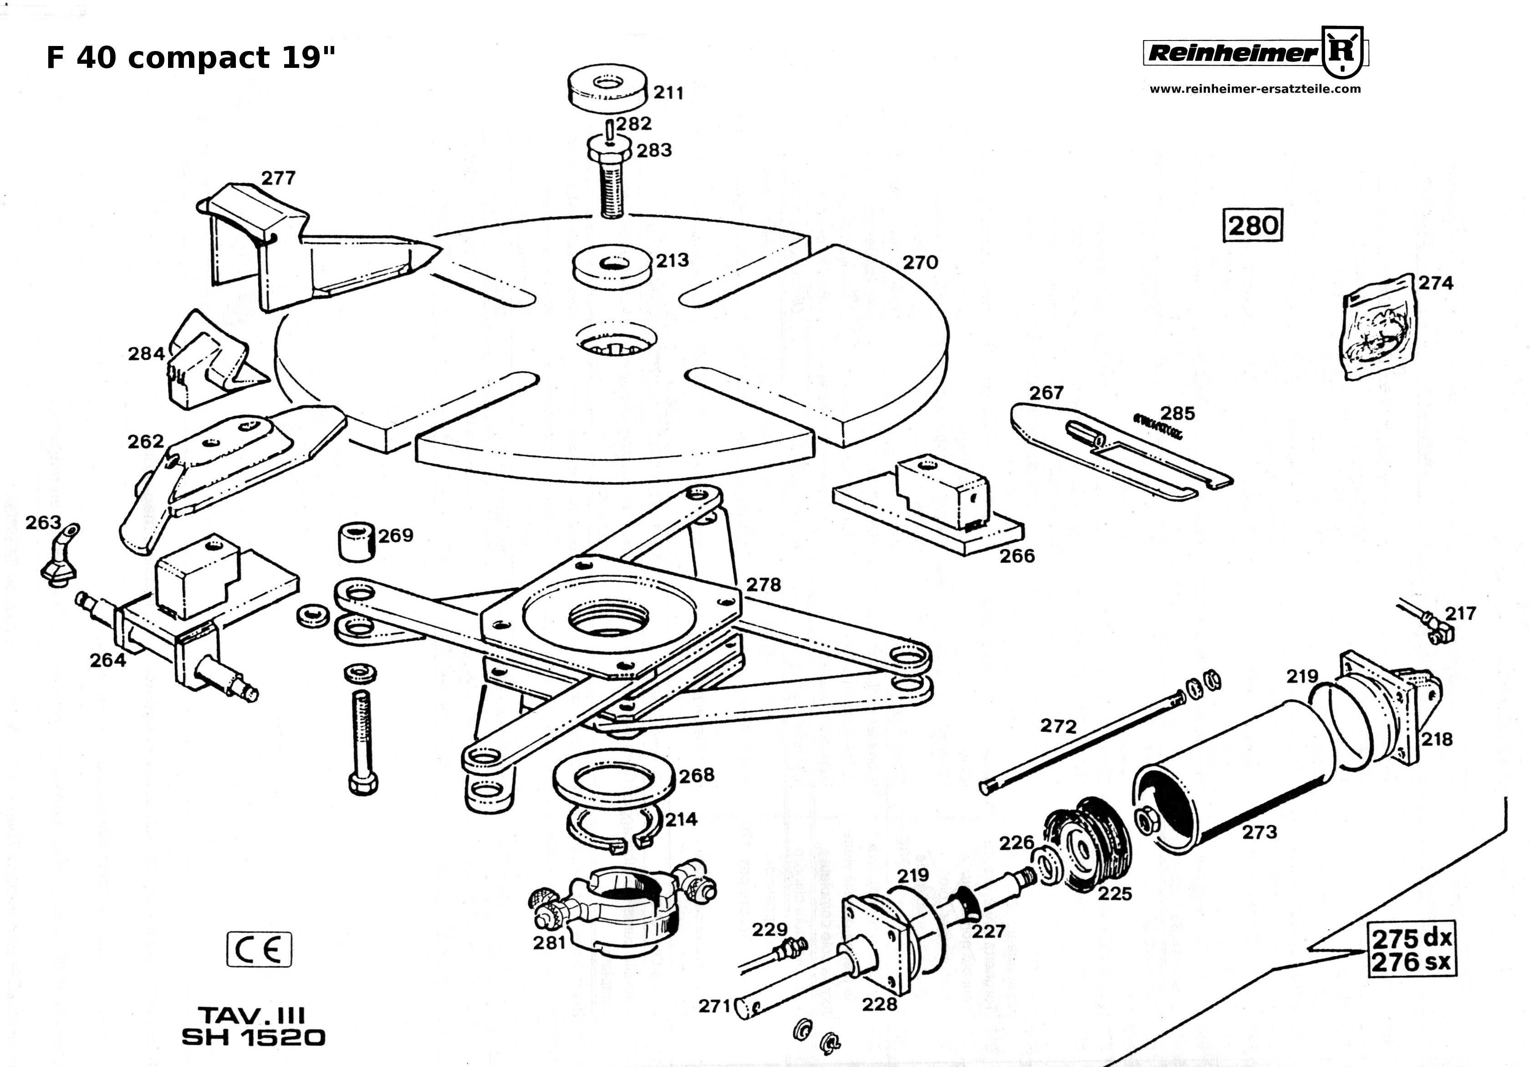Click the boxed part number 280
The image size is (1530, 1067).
coord(1253,225)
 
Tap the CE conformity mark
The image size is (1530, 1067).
coord(259,949)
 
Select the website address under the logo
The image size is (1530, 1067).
coord(1255,89)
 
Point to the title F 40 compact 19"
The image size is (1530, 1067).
coord(191,58)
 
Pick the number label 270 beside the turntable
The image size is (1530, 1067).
coord(920,263)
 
